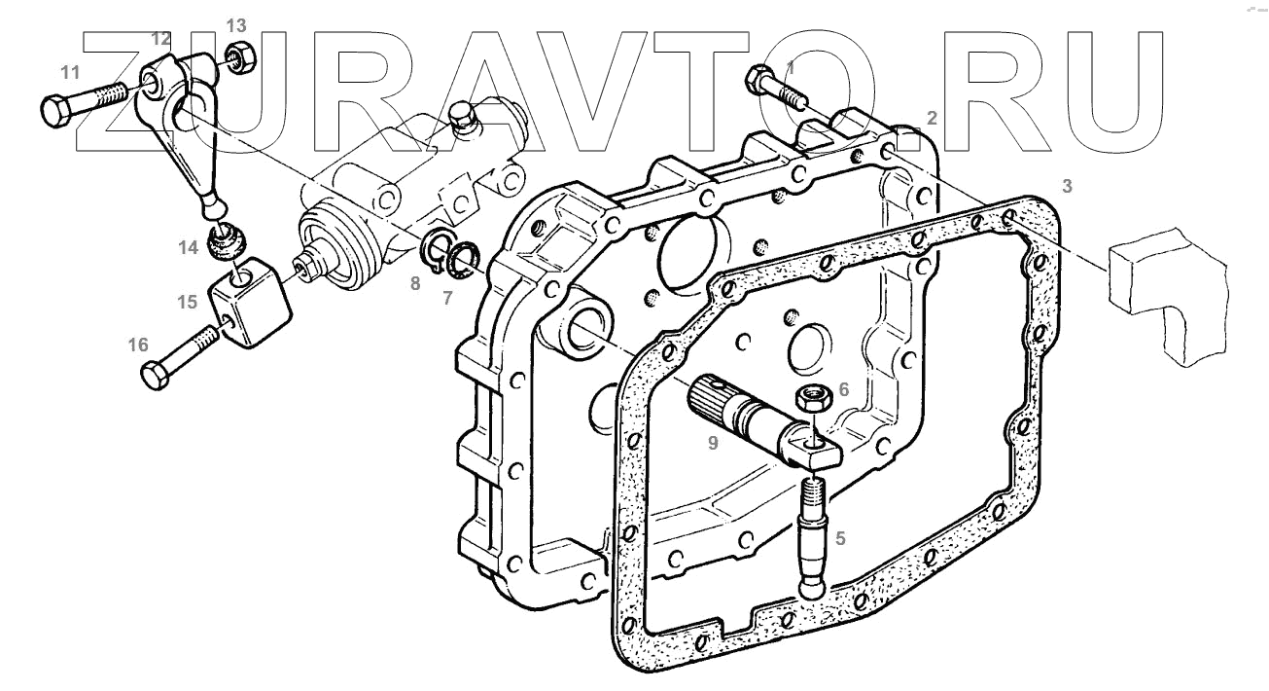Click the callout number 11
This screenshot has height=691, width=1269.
(70, 73)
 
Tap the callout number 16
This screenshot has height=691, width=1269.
(138, 345)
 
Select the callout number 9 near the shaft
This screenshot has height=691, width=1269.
(713, 443)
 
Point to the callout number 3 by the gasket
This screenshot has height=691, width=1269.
(1068, 186)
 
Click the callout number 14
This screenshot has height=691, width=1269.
(189, 248)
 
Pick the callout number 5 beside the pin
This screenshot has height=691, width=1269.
(841, 538)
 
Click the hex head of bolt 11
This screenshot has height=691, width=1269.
(56, 112)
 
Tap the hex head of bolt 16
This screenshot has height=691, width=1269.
(155, 376)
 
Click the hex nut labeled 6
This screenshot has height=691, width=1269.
(813, 400)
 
